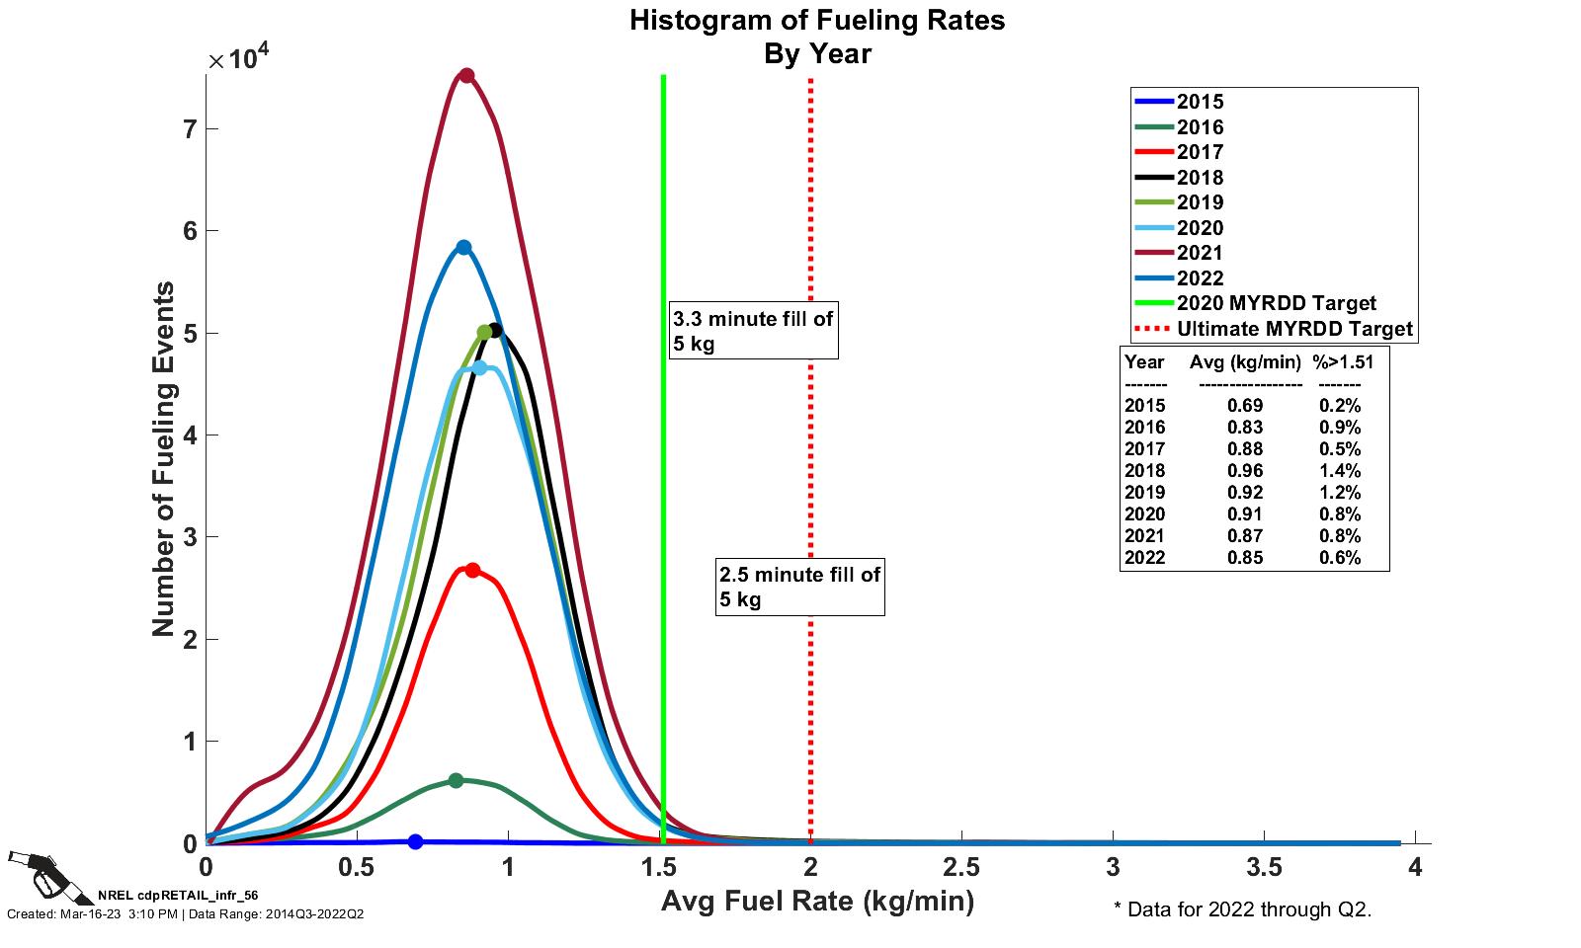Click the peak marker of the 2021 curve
[466, 76]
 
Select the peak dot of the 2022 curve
[463, 247]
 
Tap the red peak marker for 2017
[472, 570]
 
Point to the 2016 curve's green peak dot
[456, 780]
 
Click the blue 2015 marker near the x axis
[415, 841]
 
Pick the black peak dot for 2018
[495, 330]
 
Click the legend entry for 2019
[1200, 202]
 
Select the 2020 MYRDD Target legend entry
[1276, 303]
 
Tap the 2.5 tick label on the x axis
[960, 868]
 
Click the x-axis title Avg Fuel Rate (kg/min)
[817, 902]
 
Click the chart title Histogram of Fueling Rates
[817, 21]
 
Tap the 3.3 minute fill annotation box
[753, 331]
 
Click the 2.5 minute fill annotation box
[799, 587]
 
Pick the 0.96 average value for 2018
[1245, 471]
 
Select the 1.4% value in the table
[1339, 471]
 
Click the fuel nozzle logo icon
[49, 875]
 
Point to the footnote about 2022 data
[1242, 909]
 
